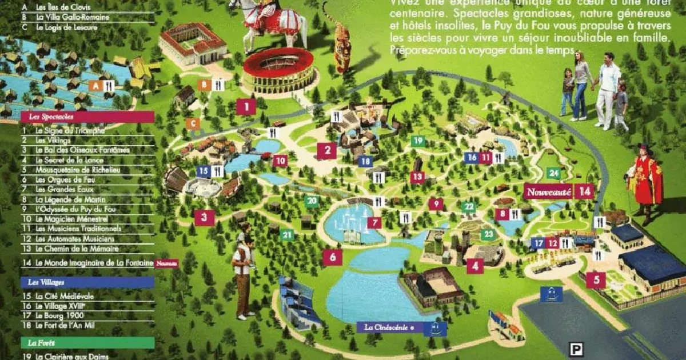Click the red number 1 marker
246,107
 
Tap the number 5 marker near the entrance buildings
596,279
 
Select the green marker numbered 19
418,141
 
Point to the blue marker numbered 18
365,162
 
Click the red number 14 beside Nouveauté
584,192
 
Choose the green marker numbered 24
553,173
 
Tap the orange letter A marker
95,86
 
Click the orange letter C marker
193,123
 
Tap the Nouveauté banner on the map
548,193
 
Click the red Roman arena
278,70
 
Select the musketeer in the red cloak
645,180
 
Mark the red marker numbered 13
417,177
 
